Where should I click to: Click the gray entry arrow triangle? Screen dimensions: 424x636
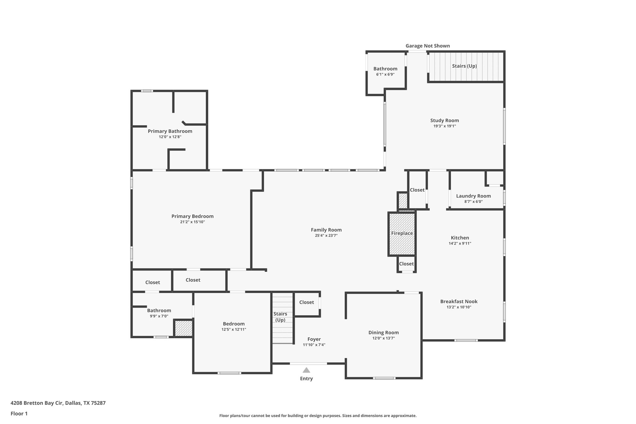pos(306,370)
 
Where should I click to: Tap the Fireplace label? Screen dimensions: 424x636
pos(402,233)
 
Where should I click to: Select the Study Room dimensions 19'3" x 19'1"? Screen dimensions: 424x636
pos(444,126)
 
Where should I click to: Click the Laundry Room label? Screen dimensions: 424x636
pos(473,196)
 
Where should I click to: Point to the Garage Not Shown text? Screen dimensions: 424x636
pos(427,46)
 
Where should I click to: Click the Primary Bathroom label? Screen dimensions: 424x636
pos(170,131)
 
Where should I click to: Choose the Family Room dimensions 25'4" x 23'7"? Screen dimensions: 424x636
pos(326,235)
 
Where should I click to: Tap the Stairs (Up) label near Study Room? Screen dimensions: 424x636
pos(464,66)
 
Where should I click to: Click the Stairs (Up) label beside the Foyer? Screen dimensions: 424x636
pos(280,317)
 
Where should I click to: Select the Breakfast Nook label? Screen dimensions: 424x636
pos(459,301)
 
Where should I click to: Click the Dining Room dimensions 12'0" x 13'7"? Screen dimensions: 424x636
pos(384,338)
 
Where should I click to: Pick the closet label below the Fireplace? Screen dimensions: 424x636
pos(406,264)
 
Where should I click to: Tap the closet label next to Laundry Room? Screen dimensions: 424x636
pos(417,190)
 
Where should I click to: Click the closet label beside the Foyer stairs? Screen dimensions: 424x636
pos(307,302)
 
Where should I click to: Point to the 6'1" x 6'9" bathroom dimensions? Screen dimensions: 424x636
pos(385,75)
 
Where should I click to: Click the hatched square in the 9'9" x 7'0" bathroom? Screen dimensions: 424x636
pos(183,328)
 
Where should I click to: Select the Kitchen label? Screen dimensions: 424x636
pos(460,238)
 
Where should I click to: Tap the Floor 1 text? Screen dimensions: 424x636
pos(19,413)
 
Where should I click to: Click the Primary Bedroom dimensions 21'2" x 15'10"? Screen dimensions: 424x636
pos(192,222)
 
